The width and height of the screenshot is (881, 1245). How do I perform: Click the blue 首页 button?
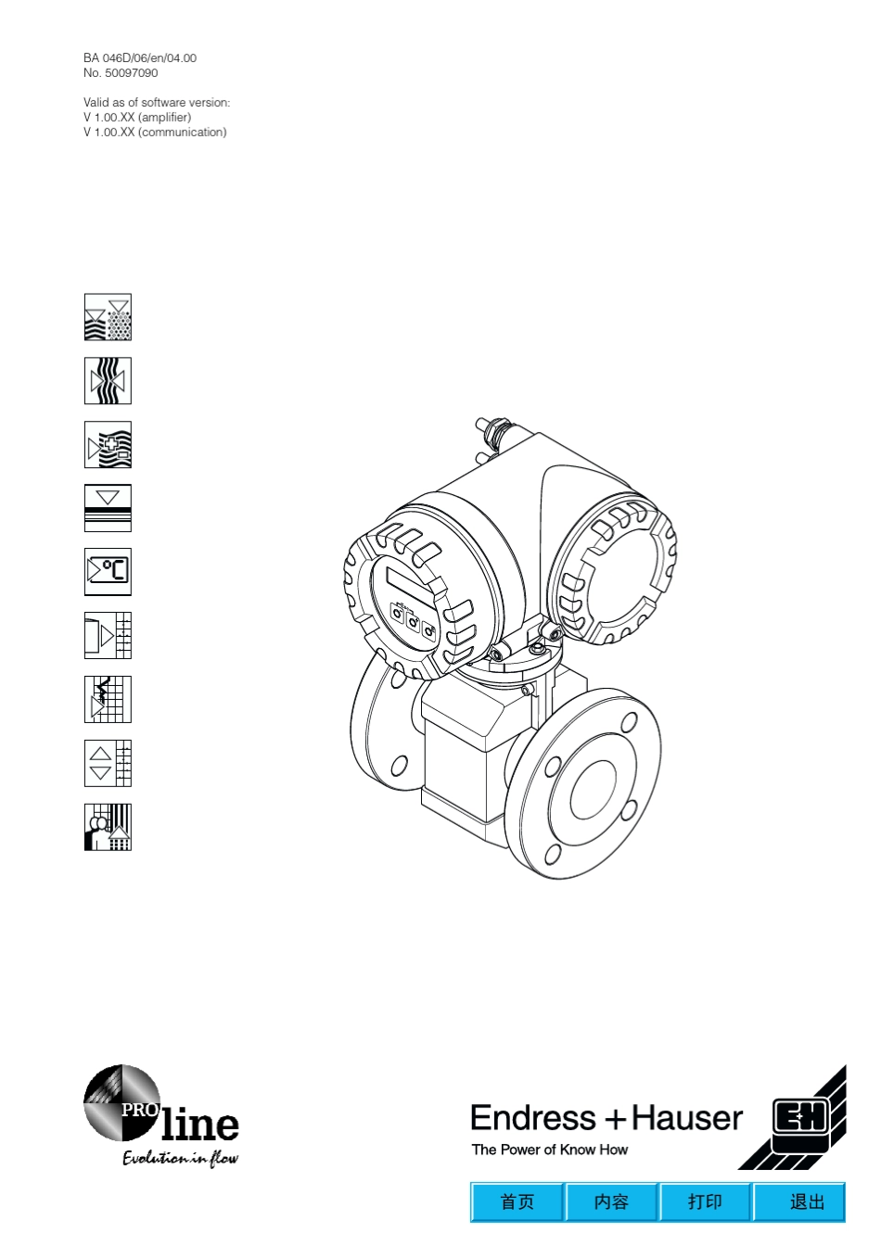[x=517, y=1201]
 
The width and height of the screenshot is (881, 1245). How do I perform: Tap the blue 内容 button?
[x=611, y=1201]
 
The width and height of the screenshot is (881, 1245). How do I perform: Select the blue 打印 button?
[x=706, y=1201]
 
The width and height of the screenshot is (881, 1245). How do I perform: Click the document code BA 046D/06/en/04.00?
[x=139, y=57]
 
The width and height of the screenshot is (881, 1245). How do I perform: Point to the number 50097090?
[x=131, y=73]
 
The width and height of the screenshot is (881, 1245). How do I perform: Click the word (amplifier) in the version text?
[x=164, y=118]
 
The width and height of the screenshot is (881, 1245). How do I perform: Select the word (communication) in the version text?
[x=183, y=133]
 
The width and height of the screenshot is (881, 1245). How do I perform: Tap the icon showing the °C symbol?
[x=108, y=571]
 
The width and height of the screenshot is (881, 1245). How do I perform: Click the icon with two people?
[x=108, y=827]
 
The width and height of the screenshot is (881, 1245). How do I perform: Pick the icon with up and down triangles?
[x=108, y=763]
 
